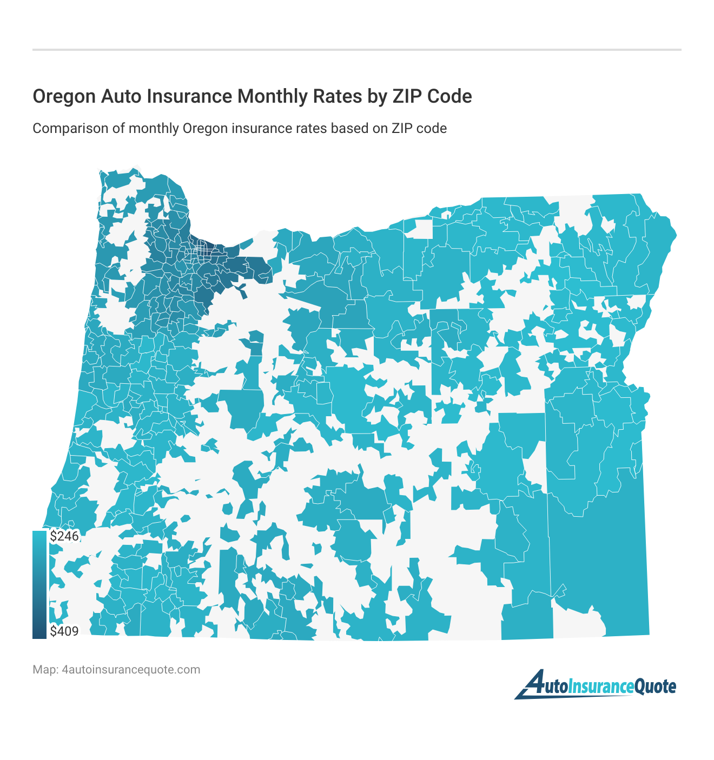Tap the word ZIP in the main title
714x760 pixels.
406,96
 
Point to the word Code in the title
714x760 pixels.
449,96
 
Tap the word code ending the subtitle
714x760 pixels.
433,129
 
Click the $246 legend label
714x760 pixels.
64,536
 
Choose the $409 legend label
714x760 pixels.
64,631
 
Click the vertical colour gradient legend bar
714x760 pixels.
39,584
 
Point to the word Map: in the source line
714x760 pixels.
45,670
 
